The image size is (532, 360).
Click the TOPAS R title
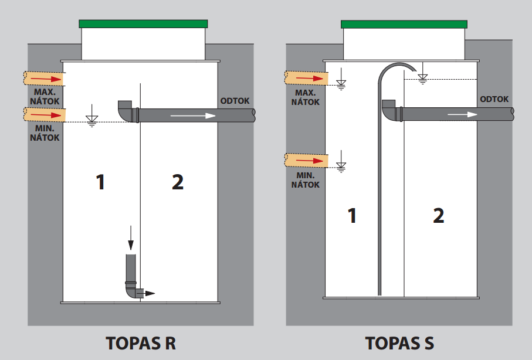tap(141, 343)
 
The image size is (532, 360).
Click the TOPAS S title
tap(399, 343)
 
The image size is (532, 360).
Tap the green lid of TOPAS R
tap(143, 24)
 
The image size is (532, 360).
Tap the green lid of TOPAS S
tap(404, 24)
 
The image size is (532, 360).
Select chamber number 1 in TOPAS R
tap(100, 182)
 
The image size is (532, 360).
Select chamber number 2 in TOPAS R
tap(178, 182)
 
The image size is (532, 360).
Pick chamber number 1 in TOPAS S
tap(352, 215)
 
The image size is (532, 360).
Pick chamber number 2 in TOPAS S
tap(438, 215)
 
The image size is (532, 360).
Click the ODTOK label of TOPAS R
tap(235, 101)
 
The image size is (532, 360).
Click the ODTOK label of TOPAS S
tap(494, 99)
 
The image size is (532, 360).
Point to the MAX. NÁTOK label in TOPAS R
tap(45, 97)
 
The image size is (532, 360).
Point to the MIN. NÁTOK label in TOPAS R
tap(45, 133)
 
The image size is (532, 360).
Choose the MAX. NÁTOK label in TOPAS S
tap(306, 97)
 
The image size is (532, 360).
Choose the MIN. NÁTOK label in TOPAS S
tap(306, 180)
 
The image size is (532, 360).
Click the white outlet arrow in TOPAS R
tap(193, 116)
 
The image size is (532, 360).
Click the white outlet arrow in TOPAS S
tap(462, 114)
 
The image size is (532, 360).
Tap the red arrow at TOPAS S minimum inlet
tap(310, 161)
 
